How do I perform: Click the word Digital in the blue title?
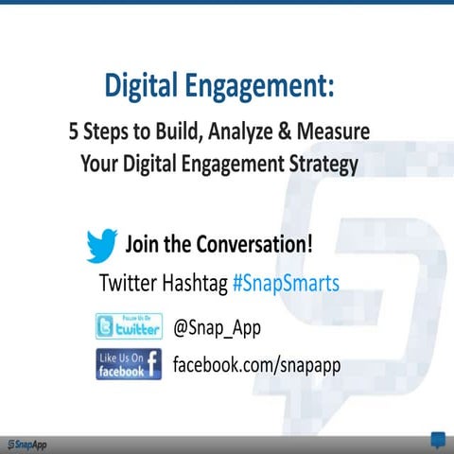(139, 88)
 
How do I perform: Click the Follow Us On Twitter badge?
(129, 327)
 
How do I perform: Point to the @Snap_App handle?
(217, 327)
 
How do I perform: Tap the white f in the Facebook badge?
(152, 365)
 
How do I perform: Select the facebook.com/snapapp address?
(255, 365)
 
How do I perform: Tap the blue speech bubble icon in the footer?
(438, 440)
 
